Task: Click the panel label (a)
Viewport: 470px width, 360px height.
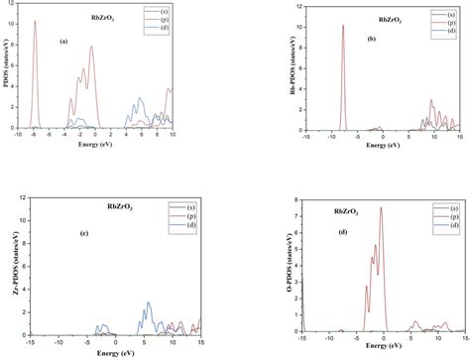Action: (x=64, y=41)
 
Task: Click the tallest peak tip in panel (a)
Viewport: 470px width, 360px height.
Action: (x=35, y=21)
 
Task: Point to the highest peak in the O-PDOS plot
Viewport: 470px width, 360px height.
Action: (x=381, y=207)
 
